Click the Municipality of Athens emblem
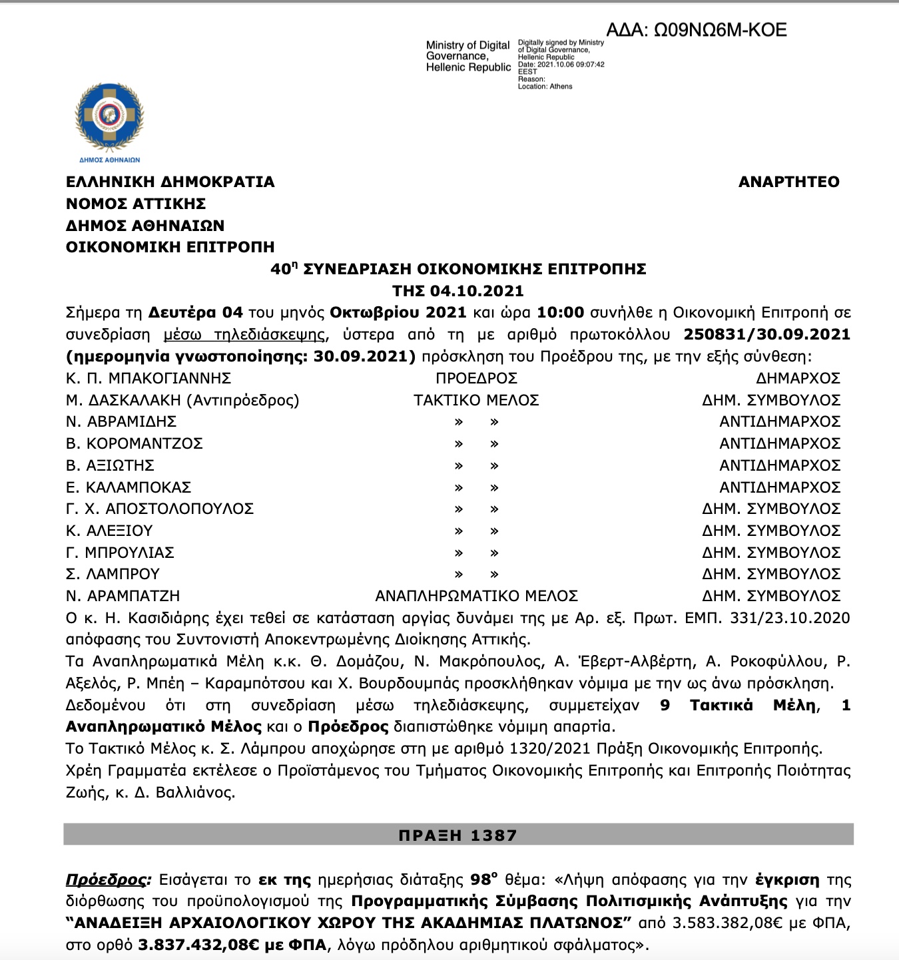coord(109,120)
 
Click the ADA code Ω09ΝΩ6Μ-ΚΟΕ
coord(697,30)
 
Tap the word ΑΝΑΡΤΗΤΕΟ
coord(788,182)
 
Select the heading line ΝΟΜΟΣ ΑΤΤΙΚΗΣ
coord(136,204)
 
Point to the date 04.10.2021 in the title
coord(476,291)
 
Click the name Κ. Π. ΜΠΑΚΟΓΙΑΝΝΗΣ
coord(149,378)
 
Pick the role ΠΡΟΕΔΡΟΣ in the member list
coord(476,378)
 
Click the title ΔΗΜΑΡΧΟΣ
coord(798,378)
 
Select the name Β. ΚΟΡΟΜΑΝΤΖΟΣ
coord(135,443)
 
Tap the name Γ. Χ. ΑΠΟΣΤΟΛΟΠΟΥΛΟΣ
coord(160,509)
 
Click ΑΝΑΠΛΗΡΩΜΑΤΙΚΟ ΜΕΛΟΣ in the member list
coord(476,596)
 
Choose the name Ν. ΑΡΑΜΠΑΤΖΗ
coord(123,596)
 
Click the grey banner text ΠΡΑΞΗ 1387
coord(458,836)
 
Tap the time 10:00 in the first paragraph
coord(560,313)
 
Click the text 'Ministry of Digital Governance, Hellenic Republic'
coord(468,57)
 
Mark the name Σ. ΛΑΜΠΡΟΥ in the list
coord(113,574)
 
